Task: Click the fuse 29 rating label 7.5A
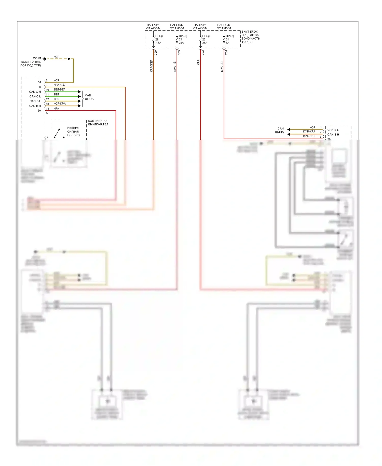tap(158, 43)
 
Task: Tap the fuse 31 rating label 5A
tap(227, 43)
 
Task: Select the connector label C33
tap(179, 53)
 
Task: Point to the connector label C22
tap(203, 53)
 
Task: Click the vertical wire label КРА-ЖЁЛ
tap(151, 66)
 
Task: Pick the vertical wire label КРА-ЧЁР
tap(175, 66)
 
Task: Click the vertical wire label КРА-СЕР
tap(222, 66)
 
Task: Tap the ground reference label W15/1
tap(37, 58)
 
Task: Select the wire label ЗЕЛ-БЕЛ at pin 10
tap(59, 89)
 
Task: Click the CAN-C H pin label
tap(35, 92)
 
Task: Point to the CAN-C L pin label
tap(35, 96)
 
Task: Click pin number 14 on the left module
tap(47, 109)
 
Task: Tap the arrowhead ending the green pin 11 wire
tap(79, 96)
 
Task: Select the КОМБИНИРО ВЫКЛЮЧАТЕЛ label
tap(98, 123)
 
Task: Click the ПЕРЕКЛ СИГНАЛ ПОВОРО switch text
tap(73, 132)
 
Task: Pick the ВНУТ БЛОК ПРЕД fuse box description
tap(250, 37)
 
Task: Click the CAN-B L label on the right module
tap(333, 130)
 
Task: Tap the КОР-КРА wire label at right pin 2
tap(309, 132)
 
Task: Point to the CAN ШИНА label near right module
tap(280, 130)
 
